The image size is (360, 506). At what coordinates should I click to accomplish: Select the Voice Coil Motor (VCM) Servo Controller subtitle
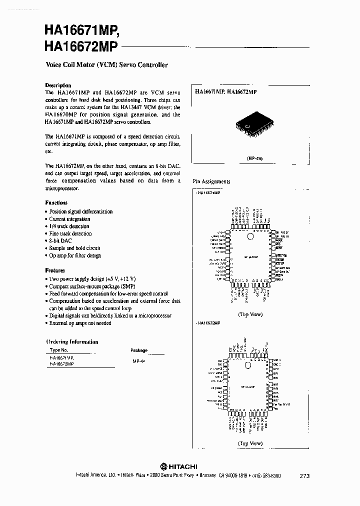pos(106,64)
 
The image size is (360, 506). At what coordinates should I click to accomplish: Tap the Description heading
pos(58,85)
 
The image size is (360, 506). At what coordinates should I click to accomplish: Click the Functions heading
pos(56,202)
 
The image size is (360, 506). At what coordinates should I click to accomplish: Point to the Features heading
pos(55,270)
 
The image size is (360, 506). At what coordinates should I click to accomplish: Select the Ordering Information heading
pos(72,342)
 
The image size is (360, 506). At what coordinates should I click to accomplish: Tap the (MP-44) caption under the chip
pos(254,158)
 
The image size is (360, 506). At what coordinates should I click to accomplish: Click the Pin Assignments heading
pos(211,181)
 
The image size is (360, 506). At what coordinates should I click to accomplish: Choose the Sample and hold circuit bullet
pos(74,248)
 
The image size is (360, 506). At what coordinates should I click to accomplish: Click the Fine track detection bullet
pos(70,233)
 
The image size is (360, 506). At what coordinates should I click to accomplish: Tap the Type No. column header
pos(58,350)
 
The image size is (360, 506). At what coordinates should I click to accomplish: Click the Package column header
pos(139,350)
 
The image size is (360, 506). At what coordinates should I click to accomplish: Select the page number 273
pos(305,475)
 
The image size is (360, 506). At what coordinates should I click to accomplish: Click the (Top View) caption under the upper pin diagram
pos(250,314)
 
